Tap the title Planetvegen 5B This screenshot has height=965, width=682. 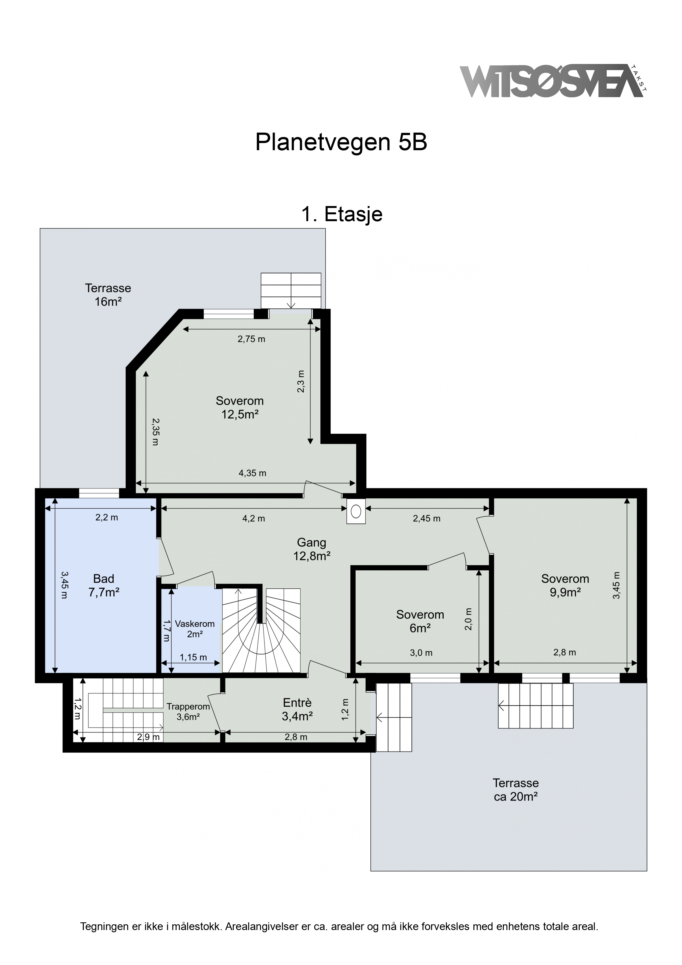pyautogui.click(x=341, y=142)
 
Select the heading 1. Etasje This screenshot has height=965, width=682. pyautogui.click(x=342, y=214)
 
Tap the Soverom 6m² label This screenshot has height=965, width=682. pyautogui.click(x=420, y=621)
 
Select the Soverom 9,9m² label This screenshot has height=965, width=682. pyautogui.click(x=565, y=585)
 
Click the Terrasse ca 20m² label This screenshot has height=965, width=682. pyautogui.click(x=516, y=790)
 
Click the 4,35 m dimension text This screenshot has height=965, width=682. pyautogui.click(x=252, y=473)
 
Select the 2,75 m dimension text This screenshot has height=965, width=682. pyautogui.click(x=251, y=339)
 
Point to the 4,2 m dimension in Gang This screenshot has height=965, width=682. pyautogui.click(x=254, y=519)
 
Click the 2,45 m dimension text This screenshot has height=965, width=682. pyautogui.click(x=427, y=519)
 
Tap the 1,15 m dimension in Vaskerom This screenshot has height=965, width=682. pyautogui.click(x=193, y=657)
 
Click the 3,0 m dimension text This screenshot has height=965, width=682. pyautogui.click(x=421, y=653)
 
